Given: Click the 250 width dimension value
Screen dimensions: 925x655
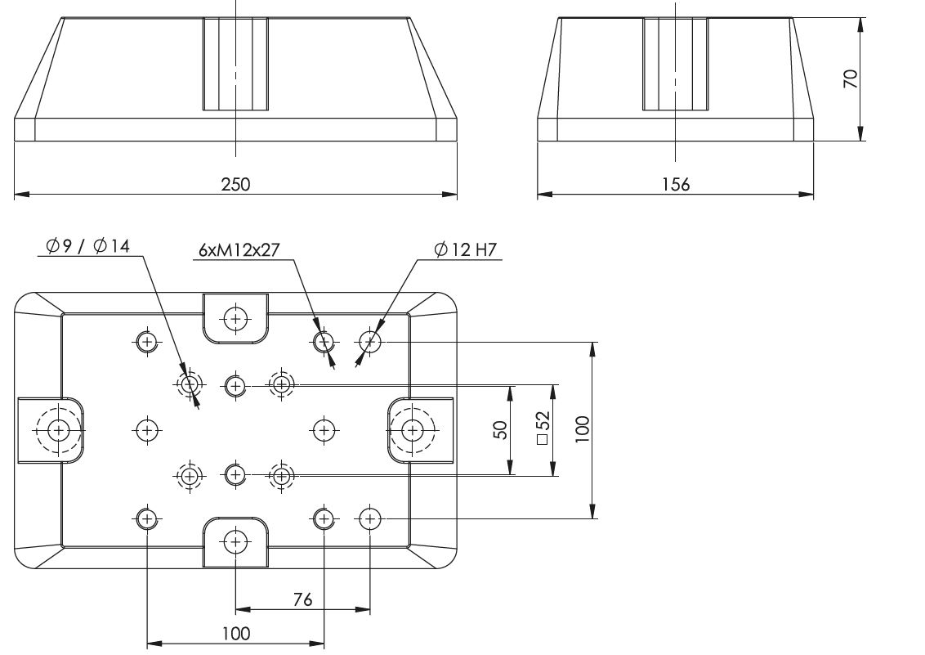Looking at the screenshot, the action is point(235,185).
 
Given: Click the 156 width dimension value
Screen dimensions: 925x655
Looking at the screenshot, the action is point(676,185).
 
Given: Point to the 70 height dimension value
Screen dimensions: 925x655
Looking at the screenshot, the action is point(851,79).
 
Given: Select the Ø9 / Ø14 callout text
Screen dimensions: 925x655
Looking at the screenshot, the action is point(87,245).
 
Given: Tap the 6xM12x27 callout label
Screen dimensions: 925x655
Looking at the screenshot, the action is point(239,250).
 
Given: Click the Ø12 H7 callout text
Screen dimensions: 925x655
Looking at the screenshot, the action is point(466,250).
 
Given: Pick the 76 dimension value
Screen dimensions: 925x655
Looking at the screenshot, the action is point(302,599).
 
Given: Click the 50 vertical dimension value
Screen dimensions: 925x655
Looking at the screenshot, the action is point(500,429).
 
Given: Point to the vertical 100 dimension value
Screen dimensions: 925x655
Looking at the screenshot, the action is point(583,429).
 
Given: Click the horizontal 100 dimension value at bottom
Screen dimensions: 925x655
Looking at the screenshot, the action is point(236,634).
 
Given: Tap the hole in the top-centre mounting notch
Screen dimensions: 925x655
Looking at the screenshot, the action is point(236,319).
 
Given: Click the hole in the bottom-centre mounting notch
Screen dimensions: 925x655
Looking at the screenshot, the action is point(236,541).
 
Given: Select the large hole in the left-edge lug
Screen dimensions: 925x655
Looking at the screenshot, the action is point(58,430).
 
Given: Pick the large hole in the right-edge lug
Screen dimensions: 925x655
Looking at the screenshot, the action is point(412,430).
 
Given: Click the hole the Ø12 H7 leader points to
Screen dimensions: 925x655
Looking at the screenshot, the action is point(370,341).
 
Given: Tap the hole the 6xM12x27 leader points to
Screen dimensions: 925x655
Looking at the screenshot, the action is point(324,341).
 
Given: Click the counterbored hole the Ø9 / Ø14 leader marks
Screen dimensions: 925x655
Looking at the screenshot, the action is point(190,385).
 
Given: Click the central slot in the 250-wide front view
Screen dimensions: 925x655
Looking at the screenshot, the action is point(235,65).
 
